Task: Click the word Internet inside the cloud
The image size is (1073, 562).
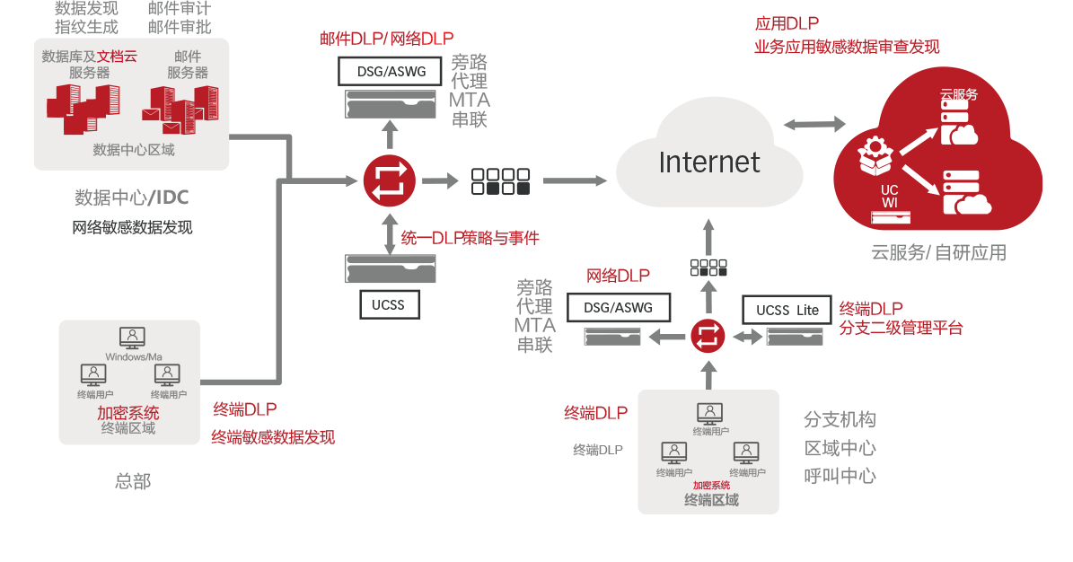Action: click(708, 162)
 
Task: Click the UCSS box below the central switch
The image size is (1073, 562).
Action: click(388, 304)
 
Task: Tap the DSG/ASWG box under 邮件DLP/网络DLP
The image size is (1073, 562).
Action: click(388, 71)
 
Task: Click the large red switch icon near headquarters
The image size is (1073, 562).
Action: click(390, 180)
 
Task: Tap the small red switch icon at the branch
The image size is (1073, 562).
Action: click(708, 337)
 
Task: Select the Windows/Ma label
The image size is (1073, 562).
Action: click(133, 357)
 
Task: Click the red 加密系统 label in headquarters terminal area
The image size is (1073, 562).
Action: click(128, 413)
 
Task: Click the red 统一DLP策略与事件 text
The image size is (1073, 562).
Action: click(470, 238)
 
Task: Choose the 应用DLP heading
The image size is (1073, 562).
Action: click(786, 24)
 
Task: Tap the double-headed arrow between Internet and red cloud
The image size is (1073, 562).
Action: click(814, 124)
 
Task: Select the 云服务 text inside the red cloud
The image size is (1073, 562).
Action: click(958, 93)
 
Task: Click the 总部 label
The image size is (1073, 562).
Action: click(133, 481)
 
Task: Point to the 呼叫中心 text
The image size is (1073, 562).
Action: click(840, 476)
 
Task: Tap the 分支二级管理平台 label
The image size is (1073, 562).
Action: click(901, 329)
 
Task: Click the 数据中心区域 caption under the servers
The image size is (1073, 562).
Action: click(134, 150)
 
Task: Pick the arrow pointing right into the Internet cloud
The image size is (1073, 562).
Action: click(575, 180)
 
